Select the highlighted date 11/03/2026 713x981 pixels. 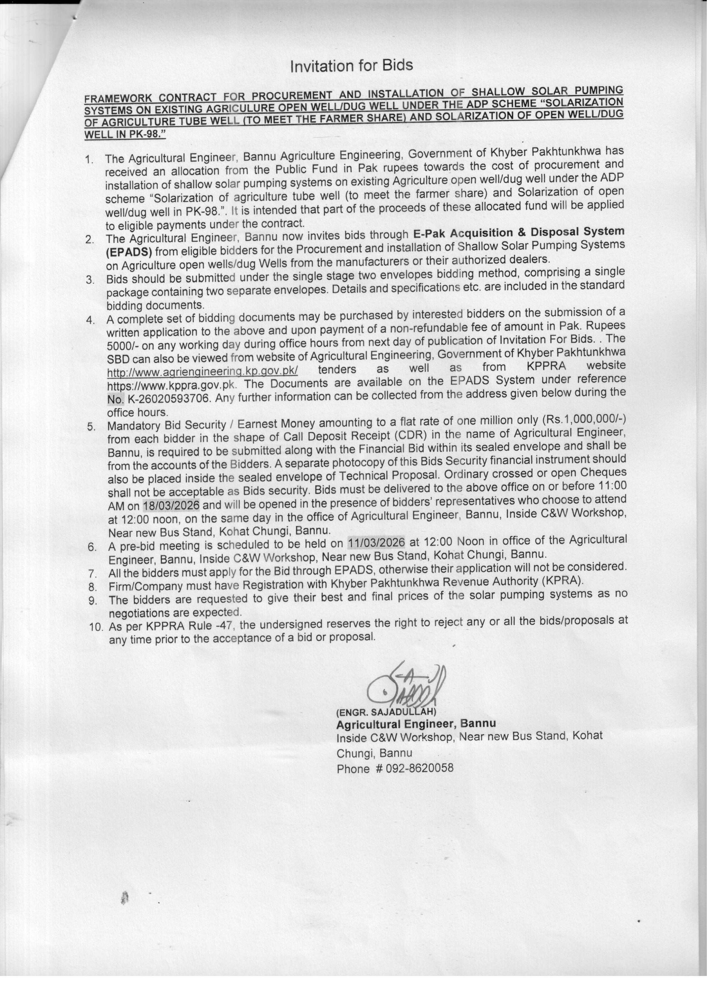(x=376, y=542)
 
